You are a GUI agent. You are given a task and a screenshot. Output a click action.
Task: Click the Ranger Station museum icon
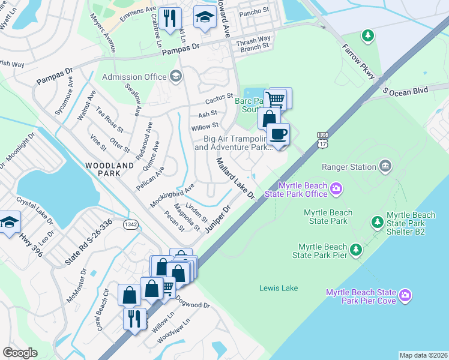point(385,166)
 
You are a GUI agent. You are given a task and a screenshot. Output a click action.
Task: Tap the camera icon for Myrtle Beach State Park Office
point(336,190)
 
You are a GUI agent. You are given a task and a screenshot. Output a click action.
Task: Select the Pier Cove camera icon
point(405,295)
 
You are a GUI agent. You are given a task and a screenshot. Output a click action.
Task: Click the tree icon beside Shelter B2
point(377,223)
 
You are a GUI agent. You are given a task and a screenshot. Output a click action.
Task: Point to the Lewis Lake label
point(278,289)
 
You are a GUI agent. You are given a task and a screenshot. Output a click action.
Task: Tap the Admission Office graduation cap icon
point(175,76)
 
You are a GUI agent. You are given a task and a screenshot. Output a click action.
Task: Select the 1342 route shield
point(131,224)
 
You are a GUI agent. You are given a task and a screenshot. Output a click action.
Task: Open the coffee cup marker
point(277,134)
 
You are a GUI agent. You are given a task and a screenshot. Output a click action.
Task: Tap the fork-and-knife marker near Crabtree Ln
point(171,17)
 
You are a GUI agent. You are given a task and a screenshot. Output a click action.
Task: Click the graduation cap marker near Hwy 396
point(8,223)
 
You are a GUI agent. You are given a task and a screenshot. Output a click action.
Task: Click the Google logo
point(20,353)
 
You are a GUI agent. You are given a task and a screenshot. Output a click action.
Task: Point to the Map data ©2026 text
point(423,355)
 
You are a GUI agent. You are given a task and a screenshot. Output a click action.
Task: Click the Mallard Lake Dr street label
point(236,179)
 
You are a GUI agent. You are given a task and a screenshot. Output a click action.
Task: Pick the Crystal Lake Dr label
point(35,212)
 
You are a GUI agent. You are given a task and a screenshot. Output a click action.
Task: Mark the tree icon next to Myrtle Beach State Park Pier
point(356,248)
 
